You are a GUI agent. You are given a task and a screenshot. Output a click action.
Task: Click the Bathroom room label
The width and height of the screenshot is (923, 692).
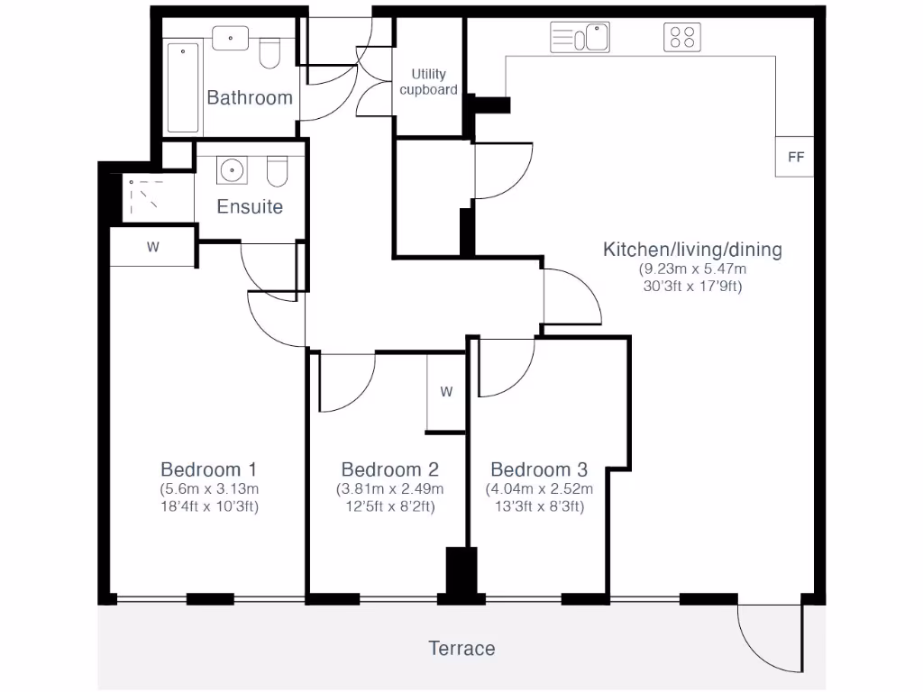(x=250, y=97)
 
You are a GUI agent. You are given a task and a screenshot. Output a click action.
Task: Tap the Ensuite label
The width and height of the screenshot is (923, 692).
(x=250, y=206)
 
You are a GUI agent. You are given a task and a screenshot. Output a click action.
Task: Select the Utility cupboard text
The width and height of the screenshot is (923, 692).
(x=428, y=82)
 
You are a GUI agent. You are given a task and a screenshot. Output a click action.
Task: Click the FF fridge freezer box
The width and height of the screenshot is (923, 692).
(x=795, y=157)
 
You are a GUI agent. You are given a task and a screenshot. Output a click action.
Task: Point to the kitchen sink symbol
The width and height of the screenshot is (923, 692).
(x=580, y=38)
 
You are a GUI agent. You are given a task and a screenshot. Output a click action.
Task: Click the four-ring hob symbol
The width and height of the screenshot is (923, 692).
(x=682, y=38)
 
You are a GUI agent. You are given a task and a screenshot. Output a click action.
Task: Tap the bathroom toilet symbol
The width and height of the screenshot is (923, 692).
(x=269, y=53)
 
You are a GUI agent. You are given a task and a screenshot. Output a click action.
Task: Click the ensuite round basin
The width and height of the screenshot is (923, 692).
(x=233, y=169)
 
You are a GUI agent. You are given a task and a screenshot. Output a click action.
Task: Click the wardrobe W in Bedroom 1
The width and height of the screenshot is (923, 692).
(x=152, y=247)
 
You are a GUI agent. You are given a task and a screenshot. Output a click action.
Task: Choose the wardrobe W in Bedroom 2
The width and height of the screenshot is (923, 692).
(x=446, y=392)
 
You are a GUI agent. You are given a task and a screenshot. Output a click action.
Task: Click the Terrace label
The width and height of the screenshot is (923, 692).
(x=461, y=648)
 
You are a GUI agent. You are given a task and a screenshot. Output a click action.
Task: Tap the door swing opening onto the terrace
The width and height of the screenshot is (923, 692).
(x=769, y=638)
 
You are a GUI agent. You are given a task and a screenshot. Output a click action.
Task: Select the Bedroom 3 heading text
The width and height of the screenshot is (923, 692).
(x=539, y=469)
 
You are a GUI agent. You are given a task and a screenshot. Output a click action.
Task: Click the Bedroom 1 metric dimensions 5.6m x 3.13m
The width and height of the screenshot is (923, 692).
(x=209, y=489)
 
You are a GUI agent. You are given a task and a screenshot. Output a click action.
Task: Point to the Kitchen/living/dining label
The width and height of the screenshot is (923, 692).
(x=692, y=250)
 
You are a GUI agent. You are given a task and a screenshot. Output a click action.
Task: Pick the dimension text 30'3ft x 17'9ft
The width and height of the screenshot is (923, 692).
(x=692, y=287)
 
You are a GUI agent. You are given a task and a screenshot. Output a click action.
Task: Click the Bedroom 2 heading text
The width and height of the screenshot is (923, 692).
(x=389, y=469)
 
